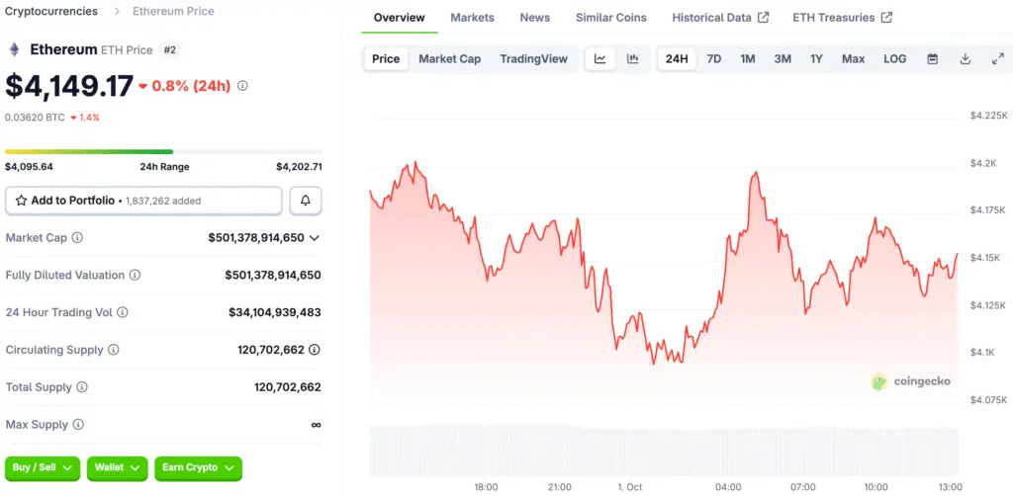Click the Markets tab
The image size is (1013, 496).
click(x=472, y=18)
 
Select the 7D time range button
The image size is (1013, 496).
click(x=713, y=59)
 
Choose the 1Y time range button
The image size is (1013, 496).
click(x=816, y=59)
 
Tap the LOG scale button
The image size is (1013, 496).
click(x=894, y=59)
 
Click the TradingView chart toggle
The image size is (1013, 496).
click(x=533, y=59)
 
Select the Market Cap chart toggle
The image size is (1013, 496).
click(x=449, y=59)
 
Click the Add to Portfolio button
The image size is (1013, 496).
click(x=143, y=201)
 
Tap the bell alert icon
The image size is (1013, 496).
click(x=306, y=201)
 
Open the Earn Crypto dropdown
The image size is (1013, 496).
click(x=198, y=467)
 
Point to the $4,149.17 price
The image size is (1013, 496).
click(x=69, y=86)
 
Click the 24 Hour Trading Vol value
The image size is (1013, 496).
click(x=274, y=312)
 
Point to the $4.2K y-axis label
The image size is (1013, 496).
click(x=985, y=163)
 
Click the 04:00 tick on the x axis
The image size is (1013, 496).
click(x=728, y=487)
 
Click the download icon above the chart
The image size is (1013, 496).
click(x=965, y=59)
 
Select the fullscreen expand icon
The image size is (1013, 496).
click(x=997, y=59)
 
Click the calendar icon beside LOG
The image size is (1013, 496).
click(x=932, y=59)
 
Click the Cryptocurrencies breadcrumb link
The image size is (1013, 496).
click(x=51, y=12)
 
